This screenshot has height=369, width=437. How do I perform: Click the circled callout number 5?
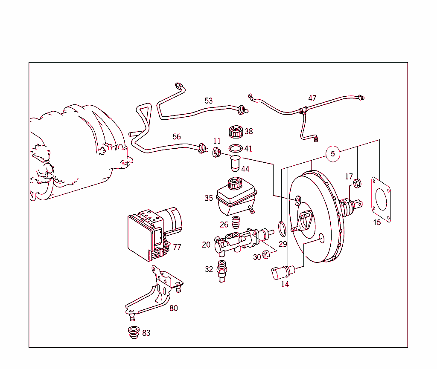point(333,153)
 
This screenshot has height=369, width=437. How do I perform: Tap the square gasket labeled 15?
point(381,200)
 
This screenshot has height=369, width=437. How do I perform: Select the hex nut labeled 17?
point(358,184)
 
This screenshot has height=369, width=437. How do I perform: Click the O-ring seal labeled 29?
point(282,228)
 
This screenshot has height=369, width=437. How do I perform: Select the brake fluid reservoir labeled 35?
point(236,197)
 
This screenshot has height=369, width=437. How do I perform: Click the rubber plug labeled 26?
point(235,222)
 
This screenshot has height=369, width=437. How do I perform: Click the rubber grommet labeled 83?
point(134,332)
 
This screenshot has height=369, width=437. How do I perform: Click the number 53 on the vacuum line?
point(208,101)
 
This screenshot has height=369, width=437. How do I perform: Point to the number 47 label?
point(312,98)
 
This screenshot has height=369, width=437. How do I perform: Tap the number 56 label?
point(177,137)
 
